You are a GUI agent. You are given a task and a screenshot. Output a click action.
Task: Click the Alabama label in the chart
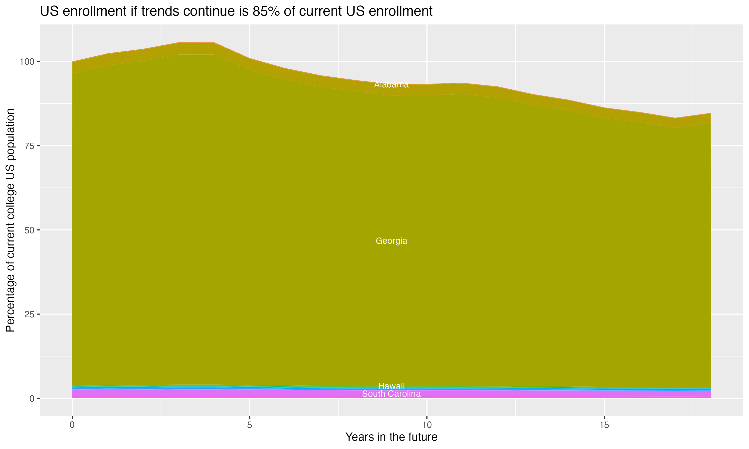click(x=391, y=85)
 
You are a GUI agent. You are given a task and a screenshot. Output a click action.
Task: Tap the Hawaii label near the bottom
click(x=391, y=386)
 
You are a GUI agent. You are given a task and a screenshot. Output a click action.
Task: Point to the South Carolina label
click(x=391, y=394)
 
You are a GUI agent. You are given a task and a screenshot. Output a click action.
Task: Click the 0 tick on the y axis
click(x=31, y=398)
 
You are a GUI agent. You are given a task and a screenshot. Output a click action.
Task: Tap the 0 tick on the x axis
click(x=72, y=425)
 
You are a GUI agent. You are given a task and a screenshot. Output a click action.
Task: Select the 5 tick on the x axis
click(x=249, y=425)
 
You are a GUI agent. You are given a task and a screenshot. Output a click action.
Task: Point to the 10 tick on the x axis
click(x=427, y=425)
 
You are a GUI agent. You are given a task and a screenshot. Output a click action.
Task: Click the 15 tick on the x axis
click(x=604, y=425)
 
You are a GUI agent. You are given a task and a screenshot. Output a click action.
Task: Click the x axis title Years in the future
click(x=391, y=437)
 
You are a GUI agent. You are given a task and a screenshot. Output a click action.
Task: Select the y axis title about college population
click(x=10, y=220)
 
